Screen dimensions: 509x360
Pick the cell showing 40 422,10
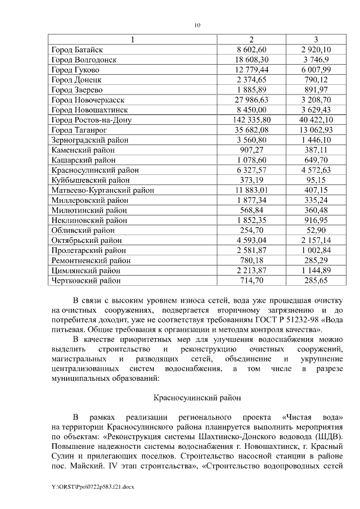click(x=316, y=120)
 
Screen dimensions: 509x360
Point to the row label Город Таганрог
click(x=79, y=130)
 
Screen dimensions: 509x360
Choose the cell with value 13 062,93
click(x=316, y=130)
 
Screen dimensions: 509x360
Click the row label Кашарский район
click(x=83, y=160)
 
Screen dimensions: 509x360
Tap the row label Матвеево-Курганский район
click(x=102, y=190)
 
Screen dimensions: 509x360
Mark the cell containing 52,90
click(x=316, y=230)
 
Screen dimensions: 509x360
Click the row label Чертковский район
click(x=86, y=280)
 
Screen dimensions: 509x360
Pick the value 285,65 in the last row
click(x=316, y=280)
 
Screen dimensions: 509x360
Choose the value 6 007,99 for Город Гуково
click(x=316, y=70)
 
